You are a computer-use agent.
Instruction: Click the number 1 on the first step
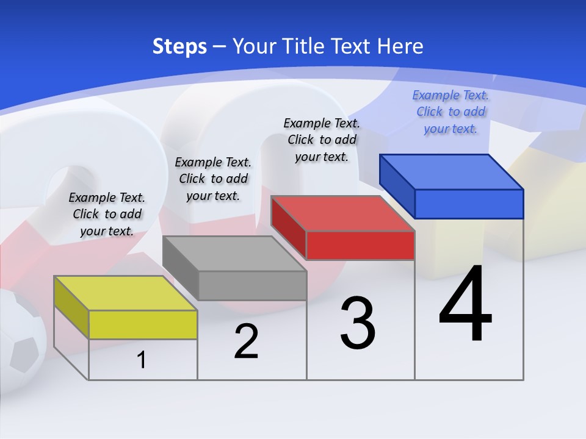coord(142,360)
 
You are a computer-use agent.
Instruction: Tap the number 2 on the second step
coord(246,341)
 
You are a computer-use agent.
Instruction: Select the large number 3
coord(358,323)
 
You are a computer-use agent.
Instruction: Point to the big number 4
coord(465,304)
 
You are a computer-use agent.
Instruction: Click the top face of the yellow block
coord(125,293)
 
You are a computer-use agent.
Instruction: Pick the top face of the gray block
coord(234,254)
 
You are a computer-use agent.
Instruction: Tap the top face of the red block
coord(343,213)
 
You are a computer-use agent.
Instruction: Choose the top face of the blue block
coord(452,172)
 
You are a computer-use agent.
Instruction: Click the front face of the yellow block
coord(143,324)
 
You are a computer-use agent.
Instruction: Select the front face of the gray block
coord(252,285)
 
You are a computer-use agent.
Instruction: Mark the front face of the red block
coord(360,245)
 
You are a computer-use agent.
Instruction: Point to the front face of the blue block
coord(469,204)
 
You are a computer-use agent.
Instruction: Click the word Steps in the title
coord(179,46)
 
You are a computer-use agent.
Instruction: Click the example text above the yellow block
coord(107,214)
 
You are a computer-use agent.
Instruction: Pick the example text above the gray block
coord(213,179)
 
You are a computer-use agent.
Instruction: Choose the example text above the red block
coord(322,140)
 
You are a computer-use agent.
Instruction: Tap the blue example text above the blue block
coord(450,112)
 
